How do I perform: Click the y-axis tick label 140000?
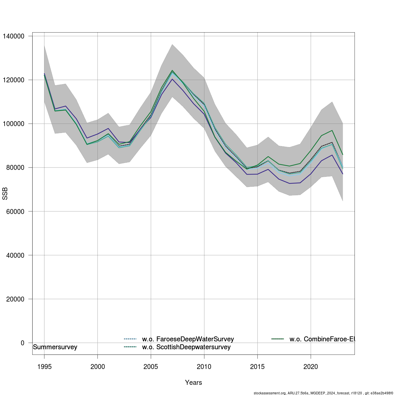(x=13, y=36)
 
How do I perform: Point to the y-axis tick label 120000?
(x=13, y=80)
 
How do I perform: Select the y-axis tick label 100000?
(x=13, y=124)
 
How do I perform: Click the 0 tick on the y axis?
(x=22, y=343)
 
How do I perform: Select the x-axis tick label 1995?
(x=44, y=366)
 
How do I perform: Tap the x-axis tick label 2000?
(x=97, y=366)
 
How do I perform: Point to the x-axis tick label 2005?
(x=151, y=366)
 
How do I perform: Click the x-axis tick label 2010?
(x=204, y=366)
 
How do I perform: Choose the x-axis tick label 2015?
(x=257, y=366)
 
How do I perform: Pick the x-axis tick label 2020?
(x=311, y=366)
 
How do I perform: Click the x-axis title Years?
(x=194, y=382)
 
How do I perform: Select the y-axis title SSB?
(x=5, y=194)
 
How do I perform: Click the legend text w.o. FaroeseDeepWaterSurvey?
(x=188, y=339)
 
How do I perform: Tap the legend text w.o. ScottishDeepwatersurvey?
(x=186, y=347)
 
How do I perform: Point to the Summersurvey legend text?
(x=55, y=347)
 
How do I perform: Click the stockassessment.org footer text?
(x=324, y=393)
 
